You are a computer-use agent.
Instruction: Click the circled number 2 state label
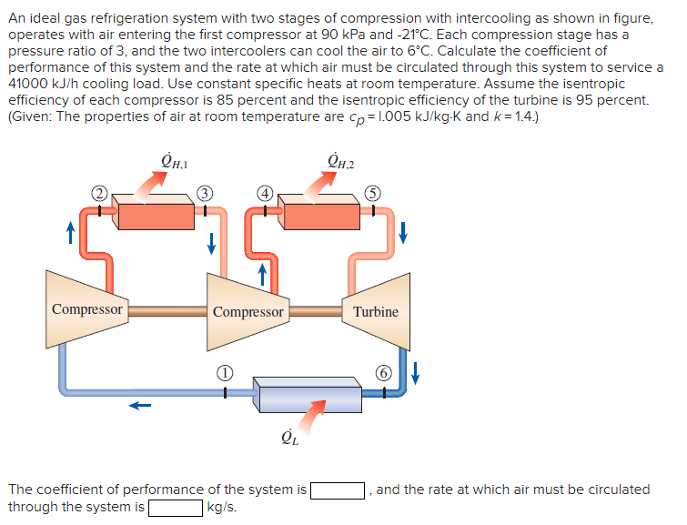click(97, 194)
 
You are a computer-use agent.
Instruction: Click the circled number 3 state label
click(207, 194)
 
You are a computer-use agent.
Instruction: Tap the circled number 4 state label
click(264, 194)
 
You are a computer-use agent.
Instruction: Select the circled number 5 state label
click(372, 194)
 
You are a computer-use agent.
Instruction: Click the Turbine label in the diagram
click(376, 311)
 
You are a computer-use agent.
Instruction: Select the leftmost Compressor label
click(87, 308)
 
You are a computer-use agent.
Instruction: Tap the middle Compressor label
click(248, 311)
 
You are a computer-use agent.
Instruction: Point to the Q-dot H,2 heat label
click(339, 164)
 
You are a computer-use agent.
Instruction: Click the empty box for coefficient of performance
click(338, 490)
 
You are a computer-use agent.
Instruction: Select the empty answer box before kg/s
click(176, 507)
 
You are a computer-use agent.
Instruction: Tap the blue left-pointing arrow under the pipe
click(138, 407)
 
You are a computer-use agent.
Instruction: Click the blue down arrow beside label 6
click(417, 373)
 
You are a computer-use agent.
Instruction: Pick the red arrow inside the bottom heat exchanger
click(312, 414)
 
